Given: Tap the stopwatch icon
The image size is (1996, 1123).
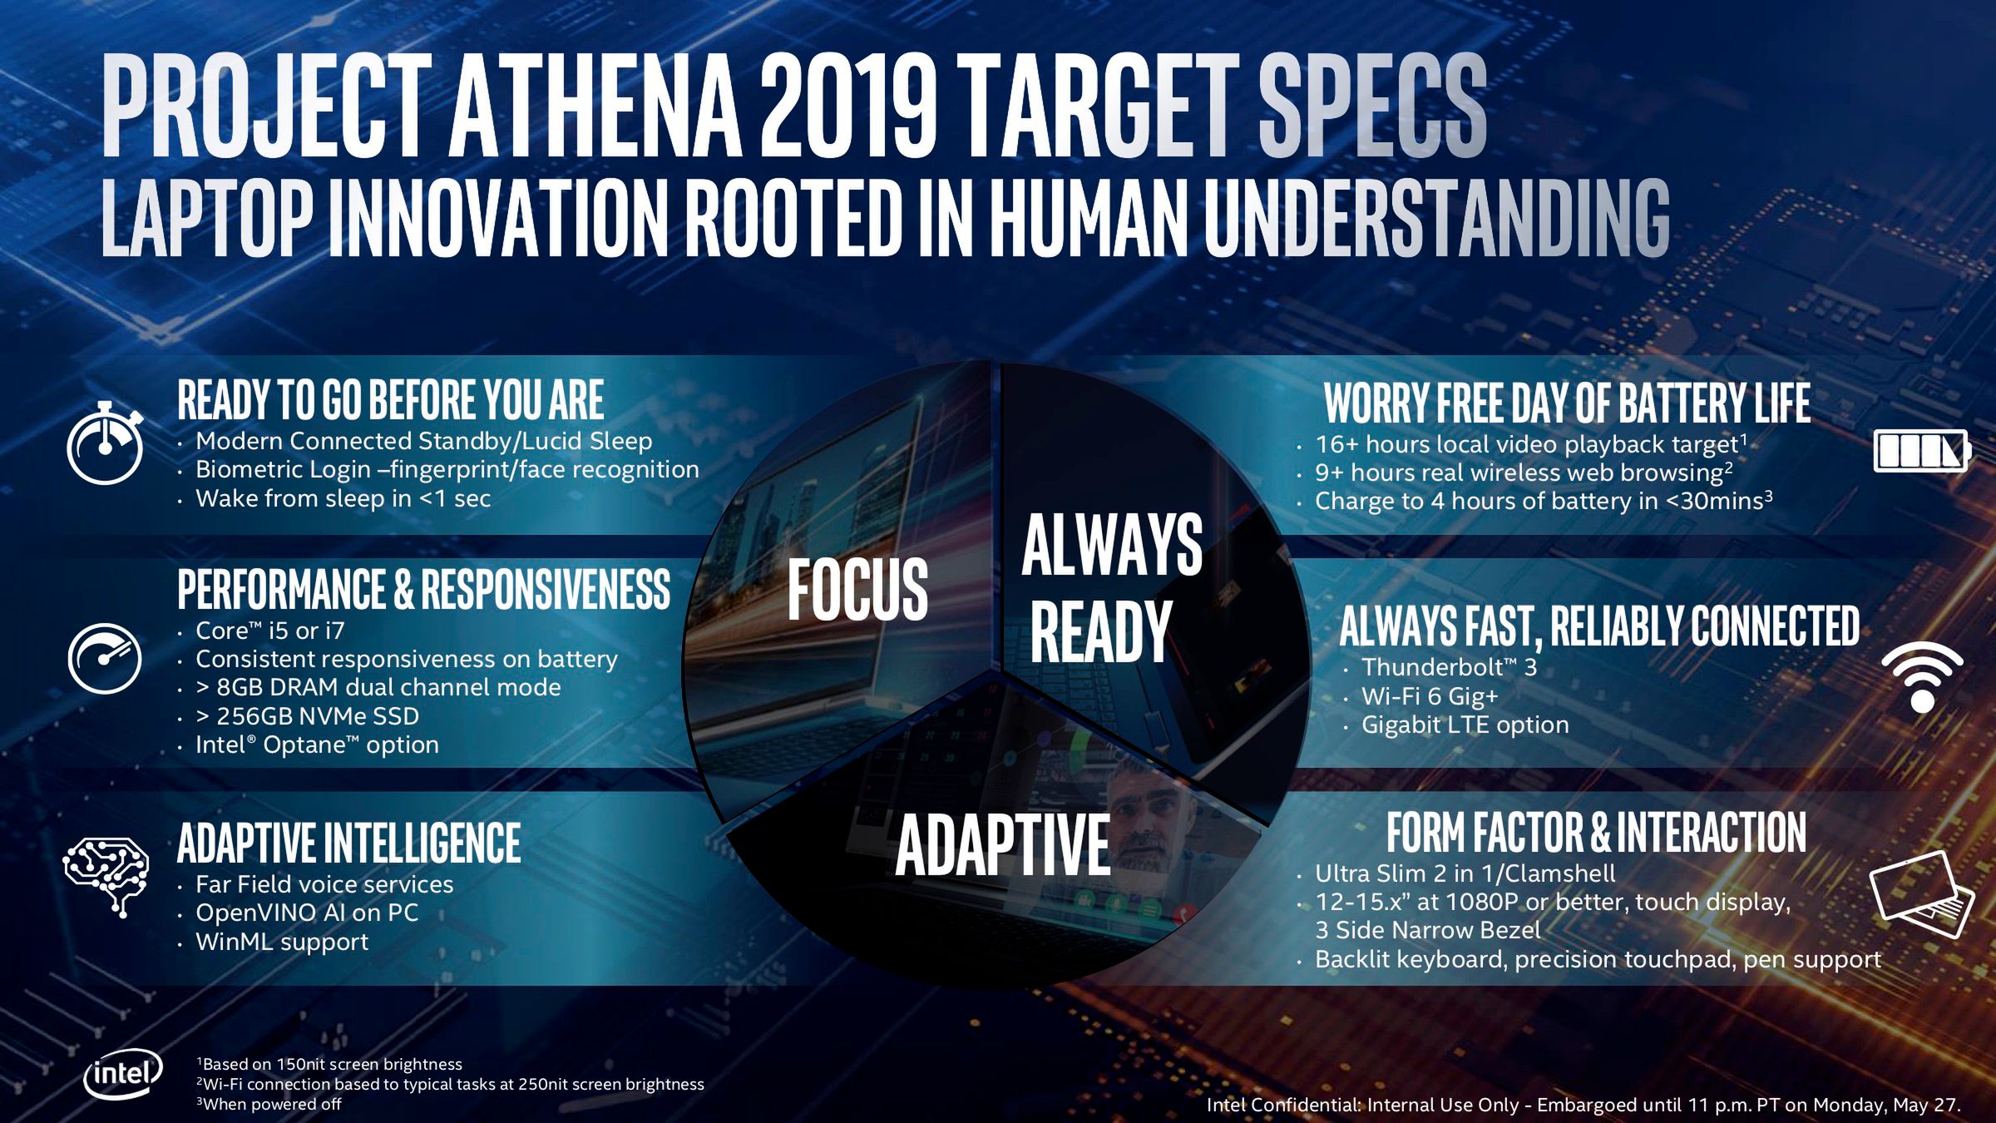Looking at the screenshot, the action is (x=105, y=443).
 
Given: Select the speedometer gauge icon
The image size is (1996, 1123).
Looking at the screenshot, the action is (x=105, y=658).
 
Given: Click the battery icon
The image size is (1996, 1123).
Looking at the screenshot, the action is (x=1922, y=451).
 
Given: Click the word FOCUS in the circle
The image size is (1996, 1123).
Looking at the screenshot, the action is (x=857, y=590).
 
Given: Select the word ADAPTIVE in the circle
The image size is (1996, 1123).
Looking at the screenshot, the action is (x=1003, y=844).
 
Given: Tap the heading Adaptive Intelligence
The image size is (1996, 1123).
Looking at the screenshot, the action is (x=349, y=843).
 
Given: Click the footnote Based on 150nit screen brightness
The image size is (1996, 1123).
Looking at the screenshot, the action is (x=329, y=1064).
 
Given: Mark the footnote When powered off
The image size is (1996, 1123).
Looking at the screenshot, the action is (x=269, y=1104).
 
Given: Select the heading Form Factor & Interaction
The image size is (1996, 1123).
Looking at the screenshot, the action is (x=1596, y=833).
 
